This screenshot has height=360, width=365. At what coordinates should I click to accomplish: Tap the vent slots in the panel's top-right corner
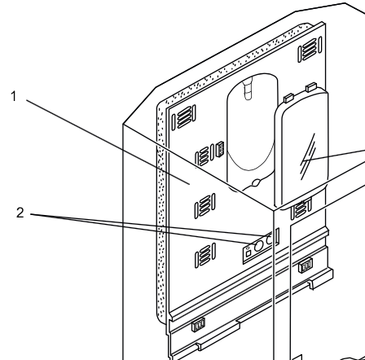[x=309, y=58]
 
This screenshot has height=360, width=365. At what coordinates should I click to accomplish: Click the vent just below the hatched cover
[x=300, y=209]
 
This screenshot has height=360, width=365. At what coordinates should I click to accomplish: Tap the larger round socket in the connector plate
[x=257, y=244]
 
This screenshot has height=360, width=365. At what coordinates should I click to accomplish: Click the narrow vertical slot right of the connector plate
[x=278, y=237]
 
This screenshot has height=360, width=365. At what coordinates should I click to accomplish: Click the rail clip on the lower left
[x=196, y=327]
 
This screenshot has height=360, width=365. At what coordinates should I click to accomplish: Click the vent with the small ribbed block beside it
[x=205, y=151]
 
